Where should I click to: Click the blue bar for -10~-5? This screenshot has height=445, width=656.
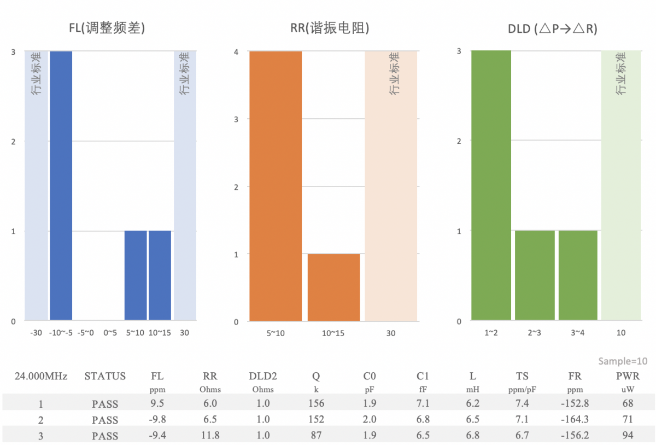61,186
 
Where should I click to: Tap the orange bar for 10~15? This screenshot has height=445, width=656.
333,287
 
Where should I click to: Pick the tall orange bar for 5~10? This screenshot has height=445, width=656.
276,186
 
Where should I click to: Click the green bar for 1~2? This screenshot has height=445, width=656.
491,186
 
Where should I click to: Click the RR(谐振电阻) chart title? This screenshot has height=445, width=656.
330,28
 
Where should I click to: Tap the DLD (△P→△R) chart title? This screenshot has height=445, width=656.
552,29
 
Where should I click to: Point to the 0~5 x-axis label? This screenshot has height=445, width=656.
111,333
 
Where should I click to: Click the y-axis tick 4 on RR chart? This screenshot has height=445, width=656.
236,51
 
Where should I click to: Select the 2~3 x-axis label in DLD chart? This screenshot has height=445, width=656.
535,333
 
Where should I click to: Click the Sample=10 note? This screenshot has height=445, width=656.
623,361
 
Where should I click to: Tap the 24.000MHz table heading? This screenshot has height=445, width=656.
42,377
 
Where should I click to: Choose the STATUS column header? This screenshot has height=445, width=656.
105,377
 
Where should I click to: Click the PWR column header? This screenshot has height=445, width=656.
628,377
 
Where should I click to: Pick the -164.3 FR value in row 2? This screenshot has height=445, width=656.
575,420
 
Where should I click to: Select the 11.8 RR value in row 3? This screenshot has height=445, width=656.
210,436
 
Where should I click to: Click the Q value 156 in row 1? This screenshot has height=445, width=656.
316,404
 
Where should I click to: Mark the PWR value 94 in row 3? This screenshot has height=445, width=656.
628,436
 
